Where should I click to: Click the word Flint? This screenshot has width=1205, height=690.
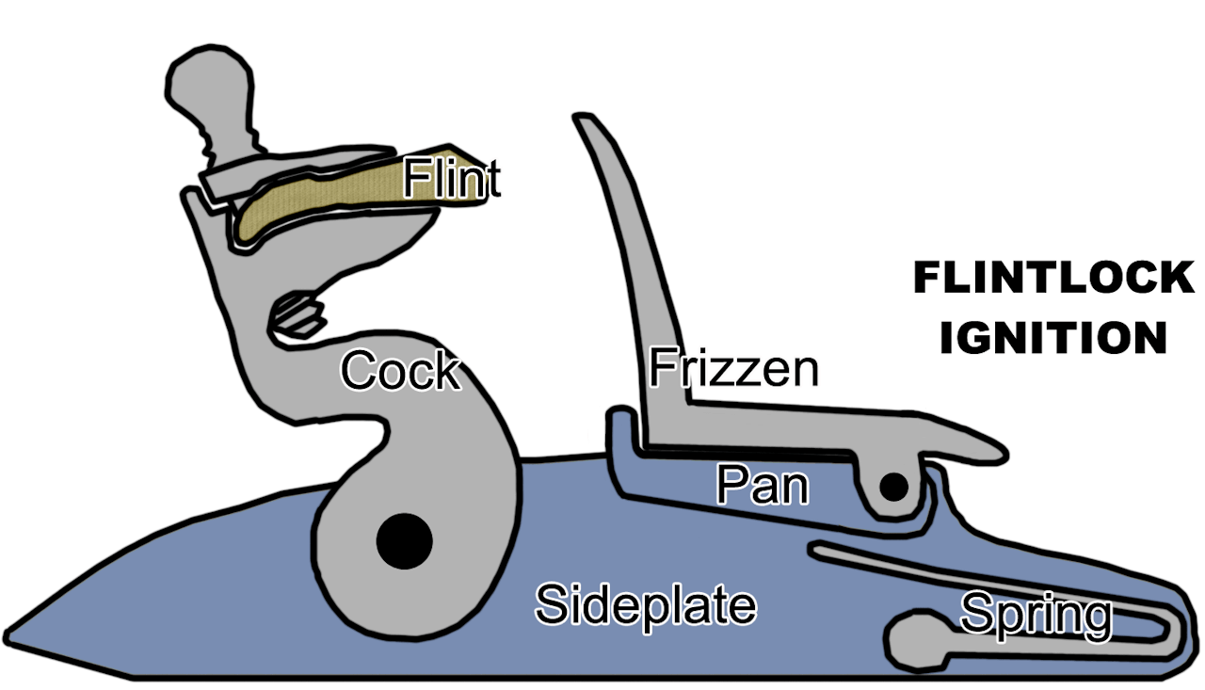coord(452,178)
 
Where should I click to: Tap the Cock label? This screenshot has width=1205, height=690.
coord(401,370)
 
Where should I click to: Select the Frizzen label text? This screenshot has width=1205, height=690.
coord(733,368)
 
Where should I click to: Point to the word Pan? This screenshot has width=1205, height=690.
coord(763,485)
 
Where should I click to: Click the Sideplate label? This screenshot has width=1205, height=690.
coord(646,605)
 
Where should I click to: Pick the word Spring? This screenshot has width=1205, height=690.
coord(1036,617)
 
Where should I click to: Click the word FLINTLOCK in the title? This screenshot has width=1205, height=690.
coord(1054,278)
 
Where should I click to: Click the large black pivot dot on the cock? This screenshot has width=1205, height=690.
coord(405,541)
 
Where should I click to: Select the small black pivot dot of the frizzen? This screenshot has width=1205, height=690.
coord(894,488)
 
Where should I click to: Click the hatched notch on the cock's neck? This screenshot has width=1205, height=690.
coord(297,315)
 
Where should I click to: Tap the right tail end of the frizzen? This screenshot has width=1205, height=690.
coord(1000,455)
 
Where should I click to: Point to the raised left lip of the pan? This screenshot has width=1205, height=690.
coord(621,425)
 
